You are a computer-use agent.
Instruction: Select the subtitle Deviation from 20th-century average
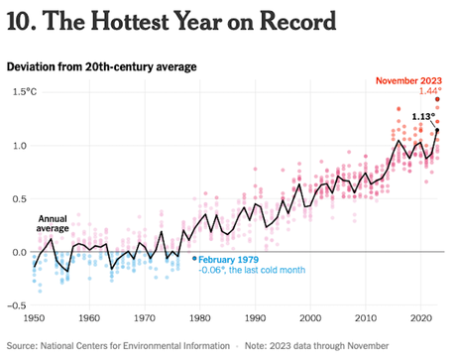pyautogui.click(x=101, y=66)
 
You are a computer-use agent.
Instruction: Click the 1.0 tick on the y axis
pyautogui.click(x=19, y=146)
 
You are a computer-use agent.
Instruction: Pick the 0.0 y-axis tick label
pyautogui.click(x=19, y=252)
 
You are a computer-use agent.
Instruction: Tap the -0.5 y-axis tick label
pyautogui.click(x=17, y=304)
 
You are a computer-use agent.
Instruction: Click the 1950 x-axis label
pyautogui.click(x=34, y=318)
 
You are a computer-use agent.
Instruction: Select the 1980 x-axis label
pyautogui.click(x=199, y=318)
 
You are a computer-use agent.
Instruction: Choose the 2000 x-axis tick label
pyautogui.click(x=310, y=318)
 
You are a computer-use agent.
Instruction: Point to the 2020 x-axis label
pyautogui.click(x=420, y=318)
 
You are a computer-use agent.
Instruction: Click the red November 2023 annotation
pyautogui.click(x=406, y=79)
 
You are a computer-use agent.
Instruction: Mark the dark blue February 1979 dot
pyautogui.click(x=194, y=258)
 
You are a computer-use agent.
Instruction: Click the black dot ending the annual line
pyautogui.click(x=437, y=131)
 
